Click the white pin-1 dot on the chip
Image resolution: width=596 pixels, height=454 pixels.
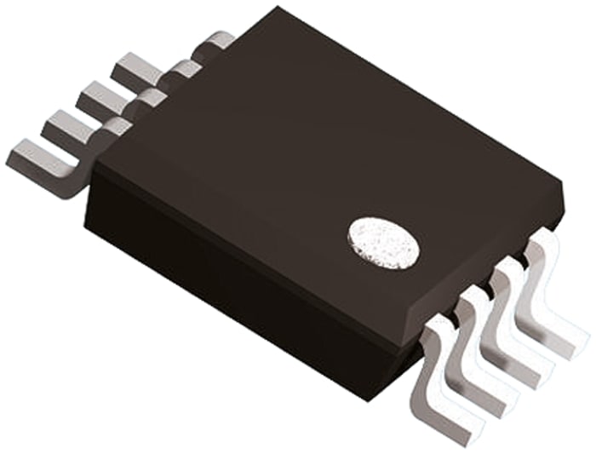click(x=383, y=242)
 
